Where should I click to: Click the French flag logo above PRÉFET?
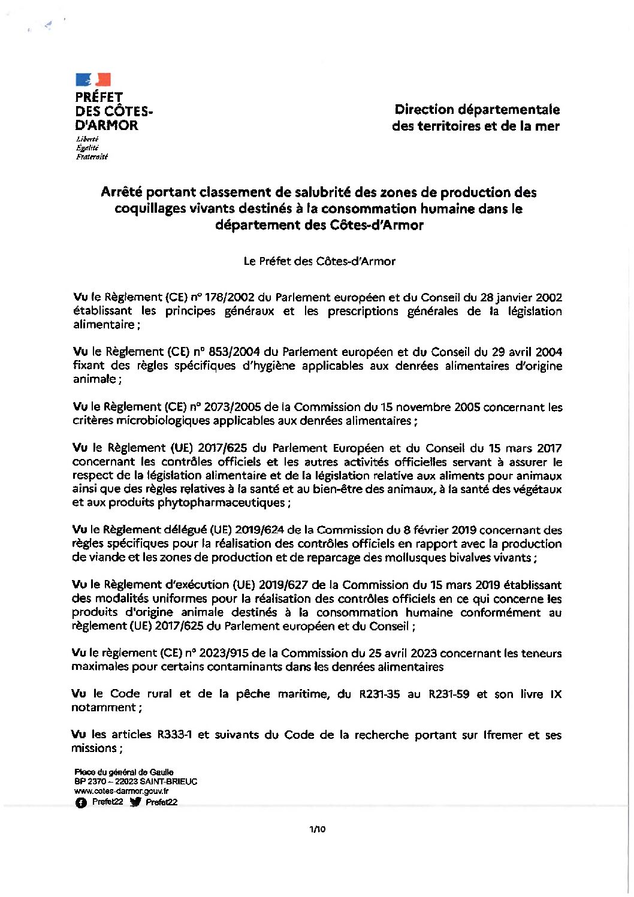tap(93, 80)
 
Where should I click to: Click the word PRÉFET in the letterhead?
tap(99, 97)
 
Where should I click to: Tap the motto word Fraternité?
tap(92, 157)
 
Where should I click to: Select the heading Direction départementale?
tap(477, 110)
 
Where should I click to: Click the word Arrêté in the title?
tap(122, 192)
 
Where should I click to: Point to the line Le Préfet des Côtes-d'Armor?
tap(319, 261)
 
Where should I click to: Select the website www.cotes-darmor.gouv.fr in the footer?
tap(122, 791)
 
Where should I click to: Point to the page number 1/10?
tap(318, 830)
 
